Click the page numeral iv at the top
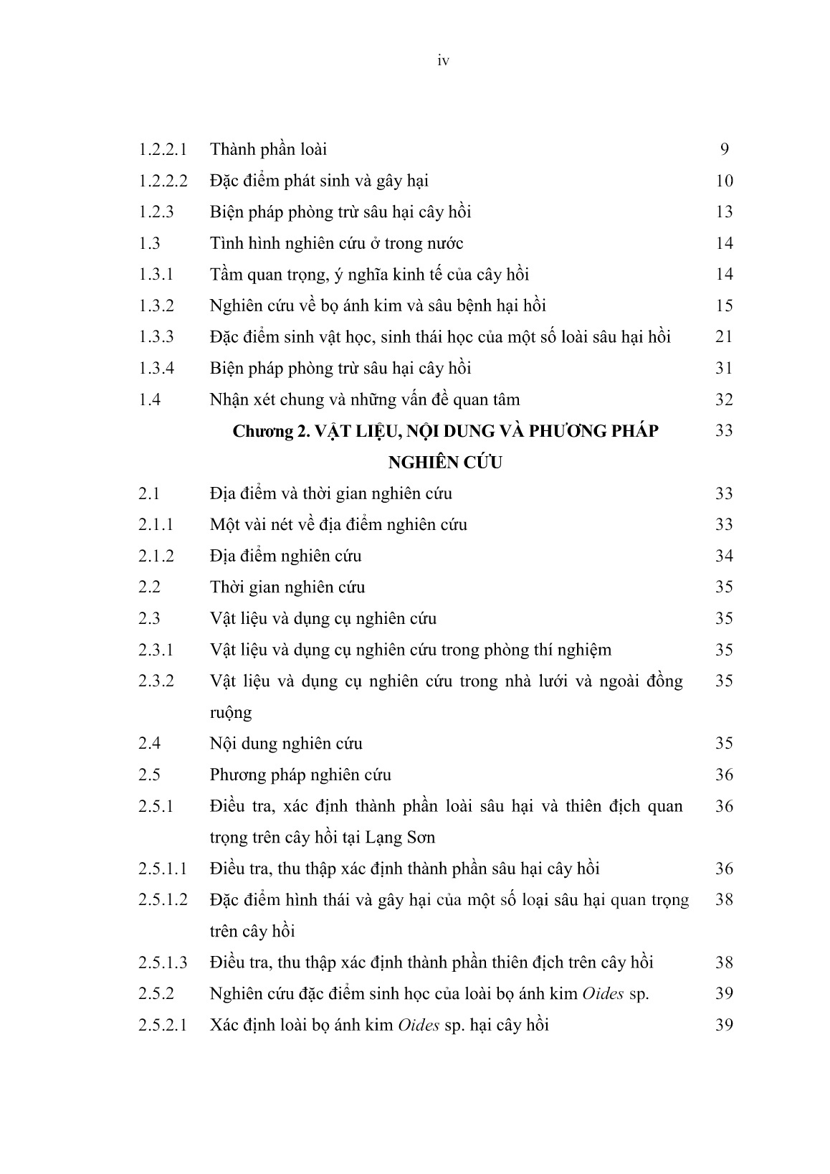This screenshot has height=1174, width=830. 443,62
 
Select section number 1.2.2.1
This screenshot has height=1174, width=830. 163,150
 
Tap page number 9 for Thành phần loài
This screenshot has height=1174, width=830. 724,150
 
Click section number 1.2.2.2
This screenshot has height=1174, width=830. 163,181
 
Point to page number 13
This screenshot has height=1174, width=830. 724,212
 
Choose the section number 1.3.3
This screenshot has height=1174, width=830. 156,337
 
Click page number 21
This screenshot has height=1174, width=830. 724,337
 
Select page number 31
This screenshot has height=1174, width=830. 724,369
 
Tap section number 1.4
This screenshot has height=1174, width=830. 150,399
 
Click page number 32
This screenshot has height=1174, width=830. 724,399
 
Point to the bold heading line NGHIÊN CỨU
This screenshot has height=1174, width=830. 444,463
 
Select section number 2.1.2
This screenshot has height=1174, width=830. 156,556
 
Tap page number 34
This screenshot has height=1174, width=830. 724,556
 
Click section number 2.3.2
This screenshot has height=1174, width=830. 156,681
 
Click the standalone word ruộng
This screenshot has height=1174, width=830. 231,713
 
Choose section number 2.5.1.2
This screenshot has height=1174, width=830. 163,899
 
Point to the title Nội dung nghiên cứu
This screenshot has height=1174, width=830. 286,744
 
